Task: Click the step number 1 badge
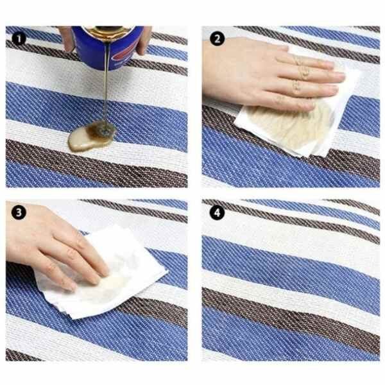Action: click(19, 38)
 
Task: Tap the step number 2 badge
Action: click(217, 38)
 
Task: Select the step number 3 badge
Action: click(19, 212)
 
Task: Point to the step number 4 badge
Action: click(217, 212)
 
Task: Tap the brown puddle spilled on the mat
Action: click(91, 136)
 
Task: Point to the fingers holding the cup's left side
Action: click(67, 39)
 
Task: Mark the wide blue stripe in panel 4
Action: click(290, 262)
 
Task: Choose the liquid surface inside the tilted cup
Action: click(108, 30)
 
